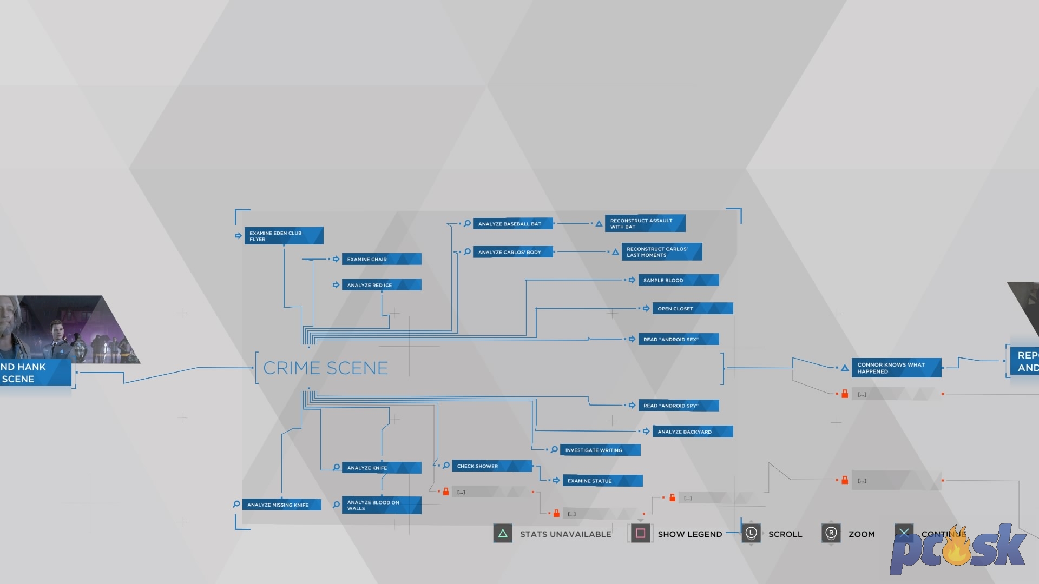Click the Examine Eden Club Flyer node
(284, 236)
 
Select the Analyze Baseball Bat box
(512, 224)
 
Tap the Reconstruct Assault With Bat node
(645, 223)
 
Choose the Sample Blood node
(678, 280)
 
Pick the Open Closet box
(692, 308)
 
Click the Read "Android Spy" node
(678, 406)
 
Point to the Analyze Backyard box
(692, 432)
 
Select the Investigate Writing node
(600, 450)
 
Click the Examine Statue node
(602, 481)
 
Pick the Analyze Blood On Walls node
(381, 505)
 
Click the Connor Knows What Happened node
(896, 368)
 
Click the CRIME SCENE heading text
(325, 368)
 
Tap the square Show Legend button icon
(640, 534)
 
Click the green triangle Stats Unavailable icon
(503, 534)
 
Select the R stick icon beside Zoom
(831, 534)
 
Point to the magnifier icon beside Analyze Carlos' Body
(467, 252)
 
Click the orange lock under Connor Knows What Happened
(845, 394)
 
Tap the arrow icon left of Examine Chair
(336, 259)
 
